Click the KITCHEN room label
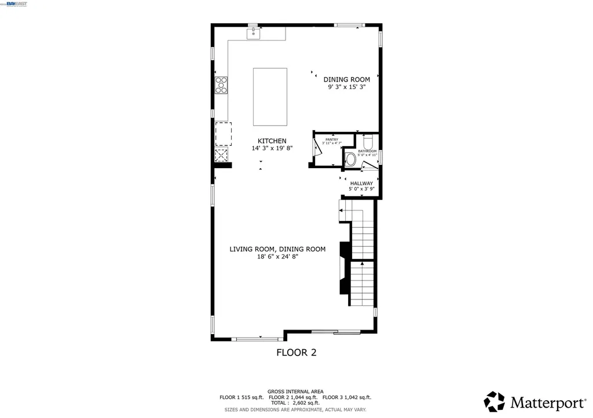click(272, 141)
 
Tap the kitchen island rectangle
click(270, 97)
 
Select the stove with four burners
click(221, 85)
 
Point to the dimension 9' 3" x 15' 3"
click(347, 87)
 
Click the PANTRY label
click(332, 139)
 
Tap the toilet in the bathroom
click(367, 142)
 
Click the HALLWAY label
click(361, 183)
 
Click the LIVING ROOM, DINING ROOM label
click(277, 249)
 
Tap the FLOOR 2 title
click(296, 352)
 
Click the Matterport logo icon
click(495, 401)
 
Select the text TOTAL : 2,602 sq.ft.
click(295, 403)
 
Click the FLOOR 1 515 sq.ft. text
click(241, 397)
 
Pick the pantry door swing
click(317, 148)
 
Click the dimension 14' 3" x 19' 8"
click(272, 148)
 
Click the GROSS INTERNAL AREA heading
click(295, 391)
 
